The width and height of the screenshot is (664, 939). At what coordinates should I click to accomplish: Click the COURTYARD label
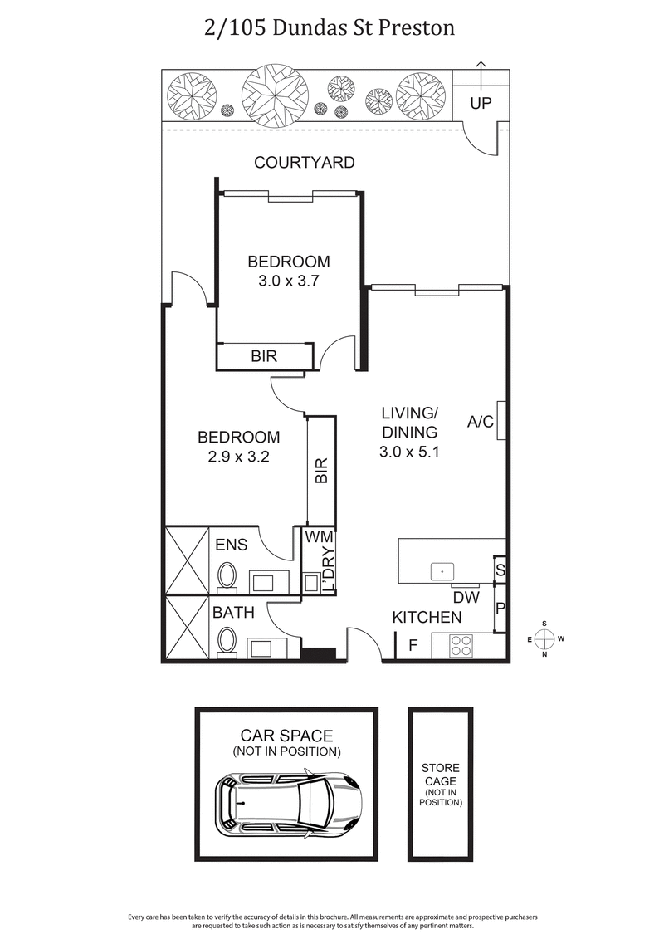[304, 163]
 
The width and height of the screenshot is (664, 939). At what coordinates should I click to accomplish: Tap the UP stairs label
[481, 104]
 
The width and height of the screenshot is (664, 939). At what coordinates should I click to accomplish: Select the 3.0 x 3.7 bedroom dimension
[289, 281]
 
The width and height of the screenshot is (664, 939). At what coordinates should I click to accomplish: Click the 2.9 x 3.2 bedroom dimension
[238, 456]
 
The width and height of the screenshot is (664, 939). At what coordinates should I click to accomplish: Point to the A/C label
[481, 422]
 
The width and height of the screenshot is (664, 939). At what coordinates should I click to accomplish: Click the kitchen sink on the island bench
[442, 570]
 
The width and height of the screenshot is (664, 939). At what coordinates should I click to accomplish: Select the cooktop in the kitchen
[461, 643]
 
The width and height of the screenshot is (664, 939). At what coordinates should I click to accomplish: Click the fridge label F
[413, 645]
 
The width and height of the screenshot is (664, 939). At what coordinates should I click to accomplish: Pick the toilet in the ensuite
[227, 575]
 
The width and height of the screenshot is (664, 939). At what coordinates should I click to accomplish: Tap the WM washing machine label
[318, 537]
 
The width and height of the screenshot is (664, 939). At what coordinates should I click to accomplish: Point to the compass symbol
[544, 638]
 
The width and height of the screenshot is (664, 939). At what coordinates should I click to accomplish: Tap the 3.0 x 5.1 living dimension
[408, 453]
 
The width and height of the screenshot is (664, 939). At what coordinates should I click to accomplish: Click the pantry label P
[500, 609]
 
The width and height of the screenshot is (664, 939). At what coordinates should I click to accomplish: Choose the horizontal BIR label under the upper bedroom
[264, 356]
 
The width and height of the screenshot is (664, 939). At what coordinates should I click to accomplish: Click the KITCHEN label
[427, 617]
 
